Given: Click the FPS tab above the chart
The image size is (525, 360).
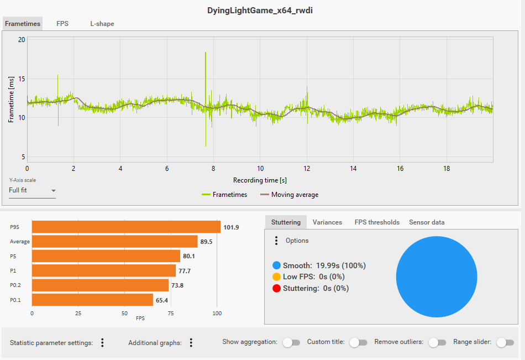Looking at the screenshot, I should (x=62, y=24).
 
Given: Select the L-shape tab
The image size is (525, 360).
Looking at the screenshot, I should (x=102, y=24).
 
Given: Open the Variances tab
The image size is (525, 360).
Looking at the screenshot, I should (x=327, y=222).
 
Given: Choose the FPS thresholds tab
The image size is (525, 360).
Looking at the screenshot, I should (x=377, y=222).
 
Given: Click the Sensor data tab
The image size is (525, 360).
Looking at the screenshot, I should (x=427, y=222).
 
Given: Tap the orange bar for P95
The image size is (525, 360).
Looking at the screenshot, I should (x=126, y=227).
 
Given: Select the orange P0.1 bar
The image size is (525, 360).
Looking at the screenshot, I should (x=92, y=300).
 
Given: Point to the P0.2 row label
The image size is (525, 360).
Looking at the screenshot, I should (x=16, y=285).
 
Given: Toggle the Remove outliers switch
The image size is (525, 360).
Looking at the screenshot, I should (x=437, y=342).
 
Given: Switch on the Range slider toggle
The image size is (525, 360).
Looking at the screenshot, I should (x=505, y=342).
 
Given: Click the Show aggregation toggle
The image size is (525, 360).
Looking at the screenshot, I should (x=291, y=342).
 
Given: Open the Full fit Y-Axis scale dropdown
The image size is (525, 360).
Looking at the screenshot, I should (x=32, y=191).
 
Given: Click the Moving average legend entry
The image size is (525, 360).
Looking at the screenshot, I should (x=289, y=195).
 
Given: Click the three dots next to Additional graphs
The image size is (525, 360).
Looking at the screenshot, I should (x=191, y=343).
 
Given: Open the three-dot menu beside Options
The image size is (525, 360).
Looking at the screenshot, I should (x=276, y=241).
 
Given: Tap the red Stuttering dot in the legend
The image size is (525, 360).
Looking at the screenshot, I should (x=276, y=288).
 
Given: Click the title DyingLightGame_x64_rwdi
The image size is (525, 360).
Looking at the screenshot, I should (x=262, y=10).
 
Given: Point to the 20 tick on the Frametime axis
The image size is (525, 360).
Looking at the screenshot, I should (x=22, y=40).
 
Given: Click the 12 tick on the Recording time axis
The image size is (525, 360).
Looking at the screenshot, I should (x=307, y=169).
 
